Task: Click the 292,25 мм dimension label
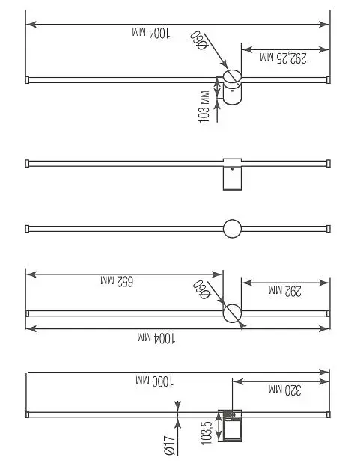point(283,58)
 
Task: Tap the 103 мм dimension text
point(204,107)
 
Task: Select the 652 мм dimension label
point(117,280)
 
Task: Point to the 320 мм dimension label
point(285,390)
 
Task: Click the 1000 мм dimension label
point(155,381)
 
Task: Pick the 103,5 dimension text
point(207,432)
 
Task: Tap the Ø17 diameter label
point(169,445)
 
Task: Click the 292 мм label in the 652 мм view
point(285,291)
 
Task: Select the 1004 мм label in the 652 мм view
point(156,338)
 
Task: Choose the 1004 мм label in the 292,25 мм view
point(151,32)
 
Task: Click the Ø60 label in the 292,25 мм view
point(198,40)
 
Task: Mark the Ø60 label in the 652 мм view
point(201,289)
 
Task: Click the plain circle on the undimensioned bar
point(232,220)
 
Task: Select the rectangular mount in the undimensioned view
point(232,174)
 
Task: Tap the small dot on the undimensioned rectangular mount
point(233,169)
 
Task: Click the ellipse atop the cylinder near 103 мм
point(232,70)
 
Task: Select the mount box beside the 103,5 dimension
point(230,426)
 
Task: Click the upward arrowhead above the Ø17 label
point(177,405)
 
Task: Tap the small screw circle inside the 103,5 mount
point(233,414)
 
